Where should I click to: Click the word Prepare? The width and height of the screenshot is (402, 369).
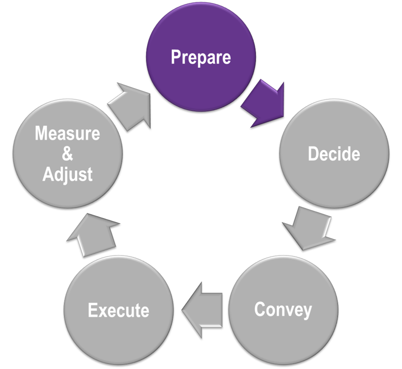201,57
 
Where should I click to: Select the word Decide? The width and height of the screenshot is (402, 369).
334,153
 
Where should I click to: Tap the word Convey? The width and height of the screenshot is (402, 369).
283,310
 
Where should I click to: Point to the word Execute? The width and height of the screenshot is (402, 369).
118,310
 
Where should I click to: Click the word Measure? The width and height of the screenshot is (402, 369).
67,133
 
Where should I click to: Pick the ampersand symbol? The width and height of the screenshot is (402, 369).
67,153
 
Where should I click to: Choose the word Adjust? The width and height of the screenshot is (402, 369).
67,175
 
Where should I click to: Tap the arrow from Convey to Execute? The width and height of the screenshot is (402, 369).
202,310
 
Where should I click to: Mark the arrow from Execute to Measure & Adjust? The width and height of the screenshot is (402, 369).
93,235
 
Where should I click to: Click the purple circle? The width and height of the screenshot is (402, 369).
201,57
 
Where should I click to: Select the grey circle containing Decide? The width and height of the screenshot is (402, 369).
334,153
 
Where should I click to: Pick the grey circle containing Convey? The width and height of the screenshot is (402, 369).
283,310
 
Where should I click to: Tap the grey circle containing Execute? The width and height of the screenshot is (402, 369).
118,310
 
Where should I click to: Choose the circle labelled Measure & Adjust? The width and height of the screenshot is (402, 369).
67,153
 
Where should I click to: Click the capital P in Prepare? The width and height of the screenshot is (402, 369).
175,57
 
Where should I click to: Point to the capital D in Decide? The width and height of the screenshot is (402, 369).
313,153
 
